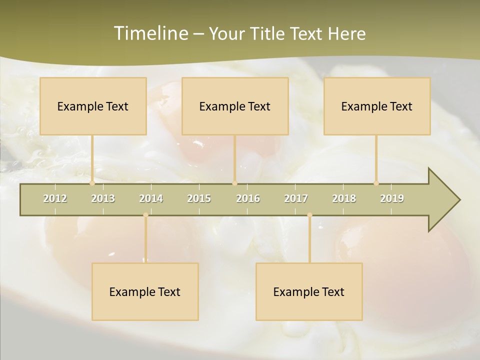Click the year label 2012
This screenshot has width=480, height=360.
pyautogui.click(x=55, y=198)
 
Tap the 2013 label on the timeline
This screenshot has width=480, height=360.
pyautogui.click(x=103, y=198)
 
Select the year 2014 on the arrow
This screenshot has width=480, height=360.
pyautogui.click(x=151, y=198)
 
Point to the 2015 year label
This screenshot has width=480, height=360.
pyautogui.click(x=199, y=198)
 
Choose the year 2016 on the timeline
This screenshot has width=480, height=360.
pyautogui.click(x=248, y=198)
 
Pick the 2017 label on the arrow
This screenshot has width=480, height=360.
pyautogui.click(x=296, y=198)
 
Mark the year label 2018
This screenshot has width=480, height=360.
pyautogui.click(x=344, y=198)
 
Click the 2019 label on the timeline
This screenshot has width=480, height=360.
pyautogui.click(x=392, y=198)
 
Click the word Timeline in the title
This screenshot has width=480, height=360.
pyautogui.click(x=149, y=33)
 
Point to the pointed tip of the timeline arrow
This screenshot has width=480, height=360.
pyautogui.click(x=458, y=200)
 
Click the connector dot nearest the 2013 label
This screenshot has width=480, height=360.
pyautogui.click(x=92, y=183)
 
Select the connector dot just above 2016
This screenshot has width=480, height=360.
pyautogui.click(x=234, y=183)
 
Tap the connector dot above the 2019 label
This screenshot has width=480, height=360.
pyautogui.click(x=376, y=183)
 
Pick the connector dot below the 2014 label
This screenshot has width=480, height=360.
pyautogui.click(x=145, y=215)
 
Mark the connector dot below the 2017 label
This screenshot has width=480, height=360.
pyautogui.click(x=309, y=215)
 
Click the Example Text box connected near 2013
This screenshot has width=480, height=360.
pyautogui.click(x=93, y=106)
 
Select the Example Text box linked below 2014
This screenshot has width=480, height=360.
pyautogui.click(x=145, y=291)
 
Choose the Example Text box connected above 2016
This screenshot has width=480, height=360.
pyautogui.click(x=235, y=106)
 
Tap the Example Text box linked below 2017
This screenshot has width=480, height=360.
pyautogui.click(x=309, y=291)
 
